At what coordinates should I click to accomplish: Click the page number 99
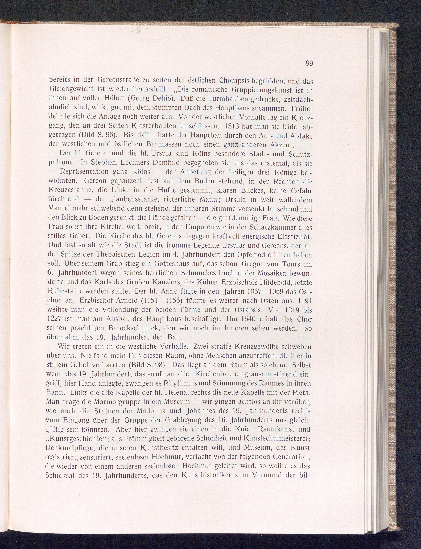tap(309, 63)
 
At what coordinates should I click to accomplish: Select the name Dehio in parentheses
tap(165, 99)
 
